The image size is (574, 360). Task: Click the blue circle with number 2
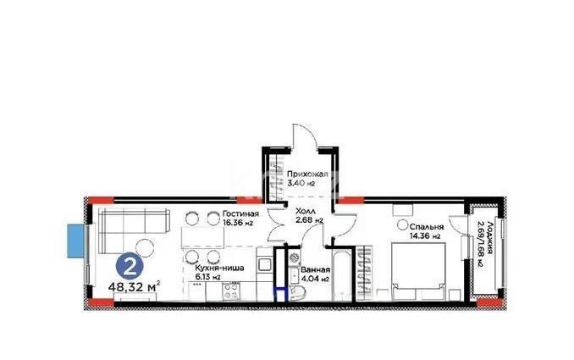tap(130, 266)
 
